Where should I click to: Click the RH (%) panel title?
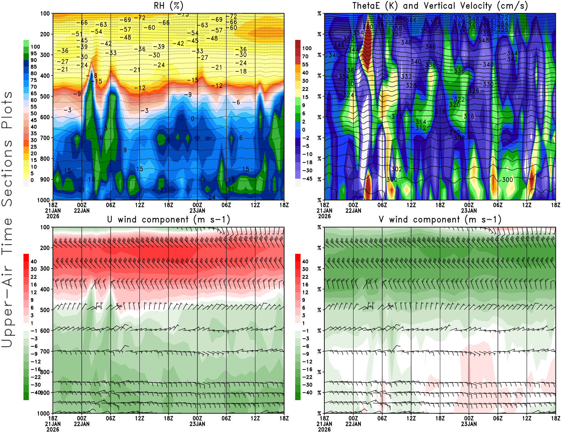tap(169, 6)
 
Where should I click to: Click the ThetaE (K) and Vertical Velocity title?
tap(440, 6)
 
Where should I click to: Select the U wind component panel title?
tap(169, 219)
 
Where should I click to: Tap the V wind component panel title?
tap(440, 219)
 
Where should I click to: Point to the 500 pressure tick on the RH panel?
tap(45, 96)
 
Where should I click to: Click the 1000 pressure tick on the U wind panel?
tap(44, 414)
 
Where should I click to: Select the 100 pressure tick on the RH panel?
tap(45, 14)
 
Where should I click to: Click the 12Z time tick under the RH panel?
tap(139, 205)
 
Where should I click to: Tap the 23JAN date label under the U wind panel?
tap(197, 424)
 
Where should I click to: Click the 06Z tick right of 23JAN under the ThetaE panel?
tap(498, 205)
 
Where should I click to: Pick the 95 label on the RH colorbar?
tap(33, 53)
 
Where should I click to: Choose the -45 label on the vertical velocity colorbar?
tap(307, 179)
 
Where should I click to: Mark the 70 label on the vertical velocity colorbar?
tap(305, 56)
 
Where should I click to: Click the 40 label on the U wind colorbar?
tap(33, 261)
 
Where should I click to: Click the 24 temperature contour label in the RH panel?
tap(212, 197)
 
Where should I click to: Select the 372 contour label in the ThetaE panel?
tap(503, 17)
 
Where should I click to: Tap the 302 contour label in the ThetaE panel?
tap(397, 169)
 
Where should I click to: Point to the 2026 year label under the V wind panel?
tap(324, 430)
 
